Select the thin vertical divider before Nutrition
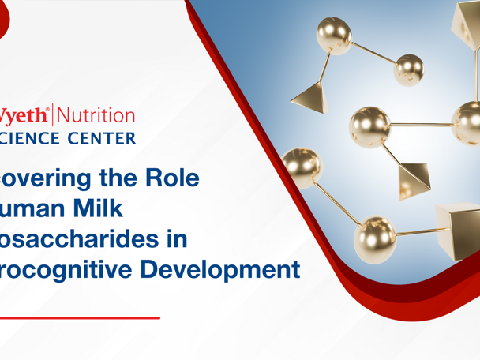tap(54, 117)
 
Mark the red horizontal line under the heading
tap(79, 318)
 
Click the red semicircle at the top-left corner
tap(4, 21)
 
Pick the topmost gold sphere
tap(335, 36)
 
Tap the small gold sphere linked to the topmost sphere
tap(408, 69)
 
